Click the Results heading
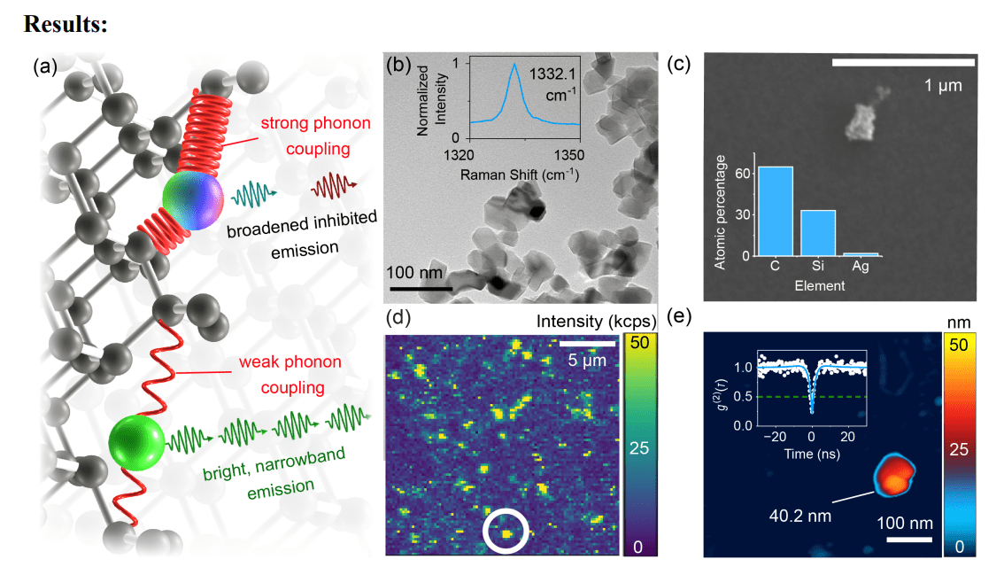click(x=66, y=24)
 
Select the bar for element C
click(x=776, y=211)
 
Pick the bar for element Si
click(x=817, y=233)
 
